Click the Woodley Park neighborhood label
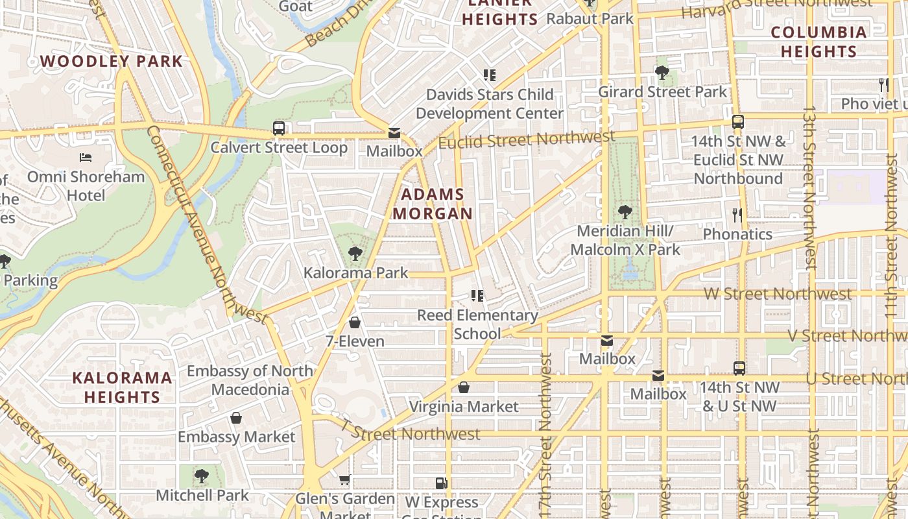112,62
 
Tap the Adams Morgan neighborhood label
433,204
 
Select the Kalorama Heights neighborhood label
122,387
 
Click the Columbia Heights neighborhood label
818,42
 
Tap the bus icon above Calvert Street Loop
279,128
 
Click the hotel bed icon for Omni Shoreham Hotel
86,157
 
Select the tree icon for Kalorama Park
355,254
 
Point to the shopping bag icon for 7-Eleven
355,322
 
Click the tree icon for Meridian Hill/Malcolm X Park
625,212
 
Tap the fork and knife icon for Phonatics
737,215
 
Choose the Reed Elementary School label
477,324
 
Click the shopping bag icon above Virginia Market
464,388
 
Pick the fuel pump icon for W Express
442,483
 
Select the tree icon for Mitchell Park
202,476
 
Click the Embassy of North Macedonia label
250,380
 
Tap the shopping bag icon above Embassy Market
236,418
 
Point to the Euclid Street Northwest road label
527,139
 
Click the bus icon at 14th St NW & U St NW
739,368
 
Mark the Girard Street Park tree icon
662,73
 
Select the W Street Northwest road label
778,294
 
